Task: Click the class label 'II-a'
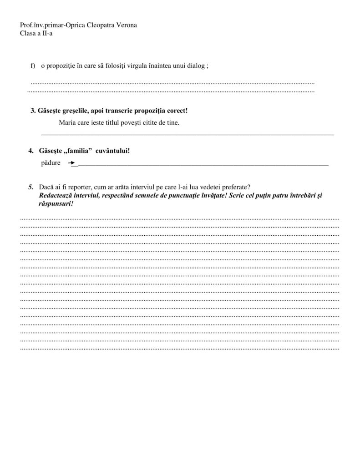(47, 33)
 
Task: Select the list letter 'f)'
(33, 66)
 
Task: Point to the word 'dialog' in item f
(196, 66)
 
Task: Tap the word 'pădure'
(51, 162)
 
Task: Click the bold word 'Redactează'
(56, 195)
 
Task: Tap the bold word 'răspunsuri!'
(57, 203)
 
